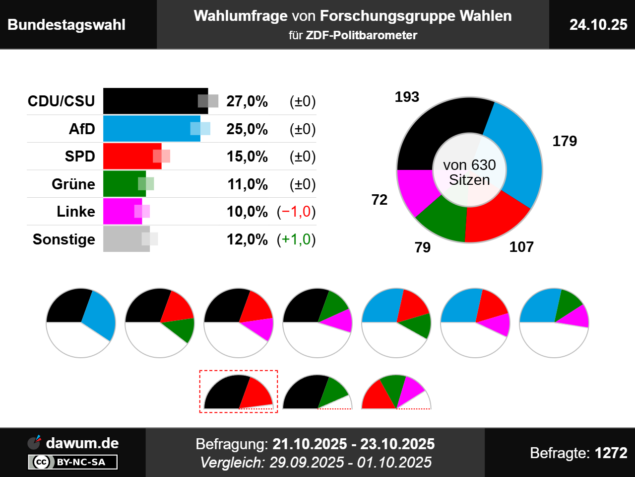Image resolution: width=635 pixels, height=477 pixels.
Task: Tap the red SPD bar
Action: (132, 156)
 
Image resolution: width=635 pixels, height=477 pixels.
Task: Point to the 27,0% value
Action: (247, 101)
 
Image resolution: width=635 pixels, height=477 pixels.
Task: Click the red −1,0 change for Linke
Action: (296, 212)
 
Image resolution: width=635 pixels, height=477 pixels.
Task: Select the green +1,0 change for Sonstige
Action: (296, 239)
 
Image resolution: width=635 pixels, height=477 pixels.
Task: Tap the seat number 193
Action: (407, 97)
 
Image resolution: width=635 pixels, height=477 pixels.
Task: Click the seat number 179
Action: (565, 141)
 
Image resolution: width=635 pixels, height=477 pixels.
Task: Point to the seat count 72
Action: (379, 200)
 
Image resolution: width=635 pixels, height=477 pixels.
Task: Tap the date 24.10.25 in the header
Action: (598, 24)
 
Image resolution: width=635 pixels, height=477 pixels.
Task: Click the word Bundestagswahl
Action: (66, 25)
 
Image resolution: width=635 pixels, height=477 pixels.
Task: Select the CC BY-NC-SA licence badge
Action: (72, 462)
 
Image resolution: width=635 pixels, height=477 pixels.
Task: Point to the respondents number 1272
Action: (611, 453)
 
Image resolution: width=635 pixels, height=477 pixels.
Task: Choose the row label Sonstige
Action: (64, 239)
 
